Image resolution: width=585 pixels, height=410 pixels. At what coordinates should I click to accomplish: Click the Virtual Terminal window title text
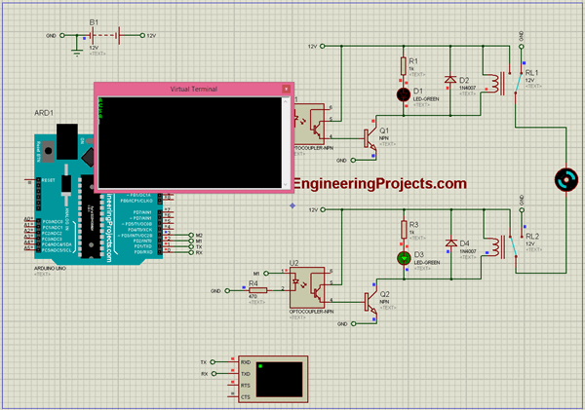(x=193, y=89)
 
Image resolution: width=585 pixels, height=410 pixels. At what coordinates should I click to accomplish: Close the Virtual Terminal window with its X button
(x=286, y=89)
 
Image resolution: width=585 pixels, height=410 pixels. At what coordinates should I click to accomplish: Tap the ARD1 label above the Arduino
(x=44, y=113)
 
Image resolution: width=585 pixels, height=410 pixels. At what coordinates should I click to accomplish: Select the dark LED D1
(x=403, y=94)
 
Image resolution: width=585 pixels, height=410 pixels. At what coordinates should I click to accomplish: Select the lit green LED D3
(x=403, y=258)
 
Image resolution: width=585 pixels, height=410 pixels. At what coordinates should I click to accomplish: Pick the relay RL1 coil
(x=497, y=82)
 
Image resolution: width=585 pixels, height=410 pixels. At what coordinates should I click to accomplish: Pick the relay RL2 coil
(x=497, y=244)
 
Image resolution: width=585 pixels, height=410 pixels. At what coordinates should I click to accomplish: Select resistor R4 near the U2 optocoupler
(x=258, y=290)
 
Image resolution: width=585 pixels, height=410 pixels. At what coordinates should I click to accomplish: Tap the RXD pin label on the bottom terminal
(x=246, y=361)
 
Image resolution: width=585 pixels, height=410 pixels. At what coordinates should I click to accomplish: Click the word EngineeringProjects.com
(x=380, y=184)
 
